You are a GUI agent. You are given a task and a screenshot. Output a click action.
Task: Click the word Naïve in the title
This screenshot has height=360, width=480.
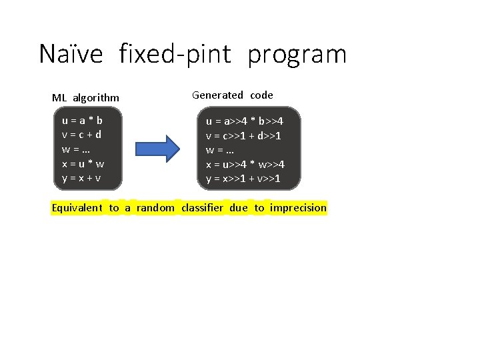[x=71, y=54]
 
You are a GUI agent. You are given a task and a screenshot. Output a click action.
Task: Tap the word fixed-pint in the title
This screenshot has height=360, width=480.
[x=175, y=54]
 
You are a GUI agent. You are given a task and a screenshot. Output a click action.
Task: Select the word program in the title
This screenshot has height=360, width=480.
[x=297, y=54]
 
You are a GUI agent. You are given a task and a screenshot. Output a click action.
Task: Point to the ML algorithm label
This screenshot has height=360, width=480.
[x=85, y=98]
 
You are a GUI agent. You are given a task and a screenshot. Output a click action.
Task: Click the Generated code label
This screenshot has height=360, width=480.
[x=233, y=95]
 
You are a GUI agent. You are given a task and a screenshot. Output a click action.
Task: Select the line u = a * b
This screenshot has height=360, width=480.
[x=82, y=121]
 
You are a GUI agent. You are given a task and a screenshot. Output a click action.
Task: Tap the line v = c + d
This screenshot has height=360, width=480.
[x=81, y=135]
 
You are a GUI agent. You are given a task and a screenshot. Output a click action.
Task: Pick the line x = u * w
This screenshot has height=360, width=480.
[x=83, y=163]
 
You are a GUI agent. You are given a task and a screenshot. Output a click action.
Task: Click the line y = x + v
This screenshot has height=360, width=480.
[x=81, y=178]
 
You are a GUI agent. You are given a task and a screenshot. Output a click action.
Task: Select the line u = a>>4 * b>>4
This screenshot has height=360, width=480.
[x=245, y=121]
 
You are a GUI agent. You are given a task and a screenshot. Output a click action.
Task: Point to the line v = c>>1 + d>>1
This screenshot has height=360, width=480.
[x=243, y=135]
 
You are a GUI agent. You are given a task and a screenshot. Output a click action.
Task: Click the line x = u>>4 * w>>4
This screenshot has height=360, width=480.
[x=245, y=164]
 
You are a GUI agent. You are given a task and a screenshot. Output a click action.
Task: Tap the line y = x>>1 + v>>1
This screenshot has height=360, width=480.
[x=243, y=179]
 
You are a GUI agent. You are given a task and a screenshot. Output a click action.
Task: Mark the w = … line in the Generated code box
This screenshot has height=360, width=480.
[x=220, y=150]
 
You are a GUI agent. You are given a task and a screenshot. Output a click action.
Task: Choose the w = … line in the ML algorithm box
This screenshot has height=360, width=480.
[x=76, y=149]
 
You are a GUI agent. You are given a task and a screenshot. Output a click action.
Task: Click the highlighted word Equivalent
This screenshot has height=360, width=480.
[x=77, y=208]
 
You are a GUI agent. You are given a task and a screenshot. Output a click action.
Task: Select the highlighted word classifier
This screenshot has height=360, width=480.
[x=203, y=208]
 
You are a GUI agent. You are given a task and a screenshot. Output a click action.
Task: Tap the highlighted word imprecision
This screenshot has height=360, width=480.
[x=299, y=208]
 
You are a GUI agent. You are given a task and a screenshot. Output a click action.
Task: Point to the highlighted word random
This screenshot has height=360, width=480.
[x=155, y=208]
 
